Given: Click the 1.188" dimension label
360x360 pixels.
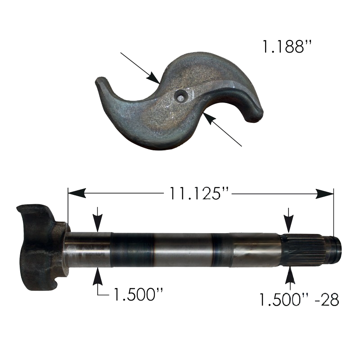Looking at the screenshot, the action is point(287,47).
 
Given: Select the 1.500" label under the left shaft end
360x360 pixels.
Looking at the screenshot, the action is point(139,294).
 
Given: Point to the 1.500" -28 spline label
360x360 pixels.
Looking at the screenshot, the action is point(299,299).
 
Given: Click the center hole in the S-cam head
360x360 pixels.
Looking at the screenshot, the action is point(181,97).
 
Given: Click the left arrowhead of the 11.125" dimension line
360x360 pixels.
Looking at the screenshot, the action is point(77,193).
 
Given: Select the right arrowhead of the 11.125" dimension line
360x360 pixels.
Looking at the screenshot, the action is point(324,193).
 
